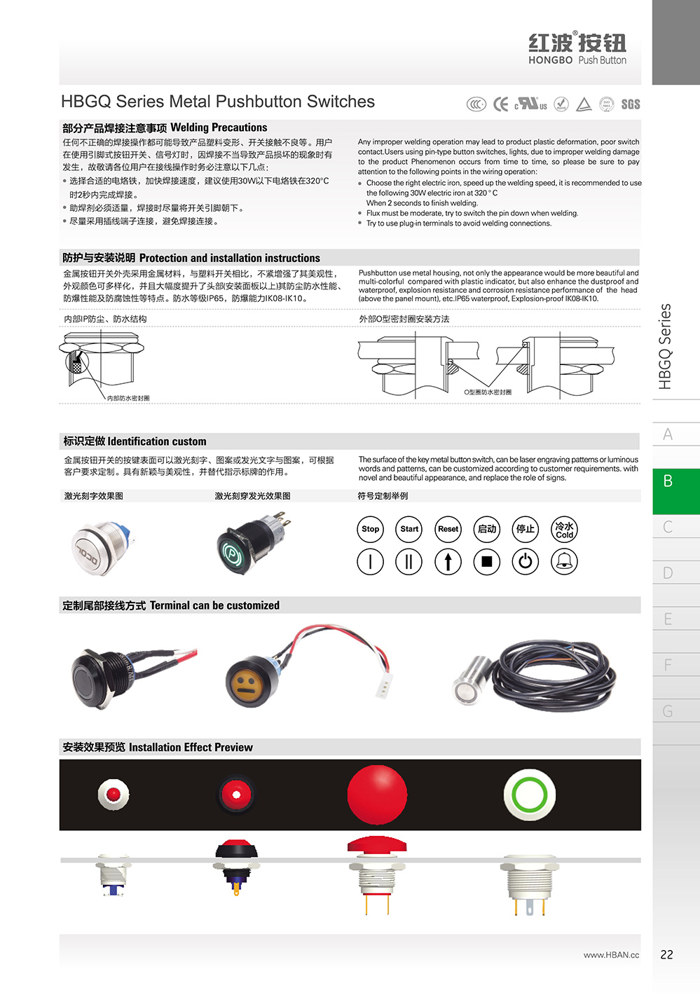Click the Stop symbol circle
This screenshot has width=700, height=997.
371,529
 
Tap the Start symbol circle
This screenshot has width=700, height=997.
409,529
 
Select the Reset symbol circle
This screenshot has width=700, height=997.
448,529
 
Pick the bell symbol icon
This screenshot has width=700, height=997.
565,561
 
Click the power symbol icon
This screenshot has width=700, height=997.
526,561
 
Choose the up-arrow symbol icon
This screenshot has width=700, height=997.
448,561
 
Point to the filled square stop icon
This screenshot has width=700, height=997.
487,561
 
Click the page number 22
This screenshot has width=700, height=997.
666,954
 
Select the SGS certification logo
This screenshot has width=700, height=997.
631,104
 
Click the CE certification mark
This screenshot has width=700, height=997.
500,104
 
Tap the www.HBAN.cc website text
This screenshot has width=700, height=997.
611,955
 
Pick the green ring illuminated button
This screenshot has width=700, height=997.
530,795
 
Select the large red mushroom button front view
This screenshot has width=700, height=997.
377,795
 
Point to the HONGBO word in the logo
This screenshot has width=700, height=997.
550,60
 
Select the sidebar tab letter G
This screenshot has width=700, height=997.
668,712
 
